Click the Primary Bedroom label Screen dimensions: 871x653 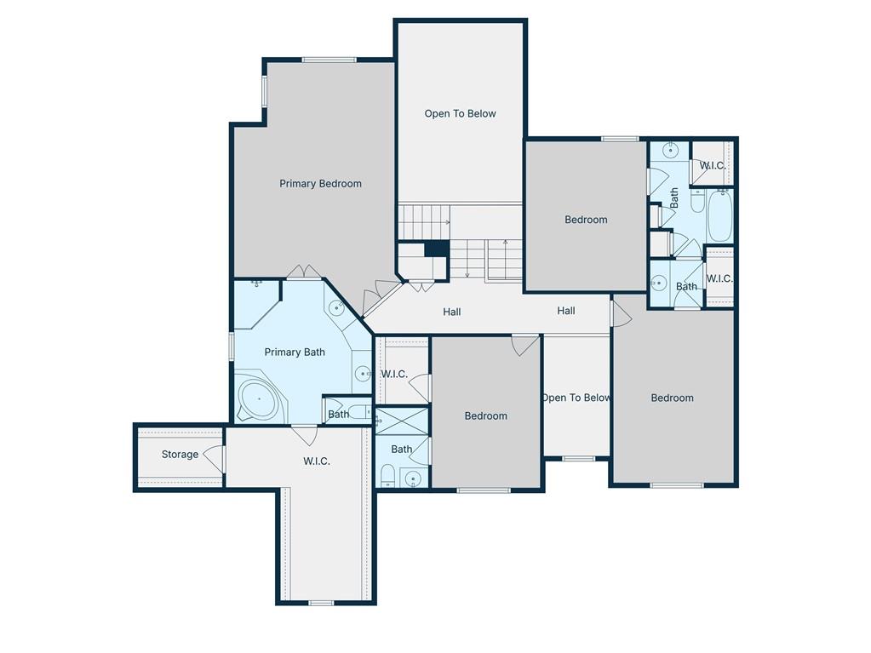click(320, 184)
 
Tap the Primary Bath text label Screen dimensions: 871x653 click(295, 352)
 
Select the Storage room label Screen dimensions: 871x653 click(180, 455)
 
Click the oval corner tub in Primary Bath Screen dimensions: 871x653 click(259, 398)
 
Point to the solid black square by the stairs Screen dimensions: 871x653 click(437, 249)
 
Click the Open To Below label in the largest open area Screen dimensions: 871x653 click(460, 114)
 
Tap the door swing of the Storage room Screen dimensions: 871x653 click(214, 458)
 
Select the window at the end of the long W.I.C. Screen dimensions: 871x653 click(321, 603)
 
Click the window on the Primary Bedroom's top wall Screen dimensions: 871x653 click(329, 60)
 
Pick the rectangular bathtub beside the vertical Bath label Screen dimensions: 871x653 click(720, 215)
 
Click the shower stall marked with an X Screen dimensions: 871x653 click(402, 421)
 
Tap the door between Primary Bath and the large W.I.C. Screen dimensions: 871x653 click(304, 433)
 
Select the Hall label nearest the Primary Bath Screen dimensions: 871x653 click(451, 312)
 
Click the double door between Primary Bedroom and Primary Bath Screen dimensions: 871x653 click(304, 272)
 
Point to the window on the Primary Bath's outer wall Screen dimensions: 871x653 click(232, 346)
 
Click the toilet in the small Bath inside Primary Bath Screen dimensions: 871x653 click(360, 412)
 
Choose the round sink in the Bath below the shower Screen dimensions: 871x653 click(413, 478)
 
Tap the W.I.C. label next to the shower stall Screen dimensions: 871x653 click(394, 375)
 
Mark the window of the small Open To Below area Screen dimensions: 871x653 click(578, 459)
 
